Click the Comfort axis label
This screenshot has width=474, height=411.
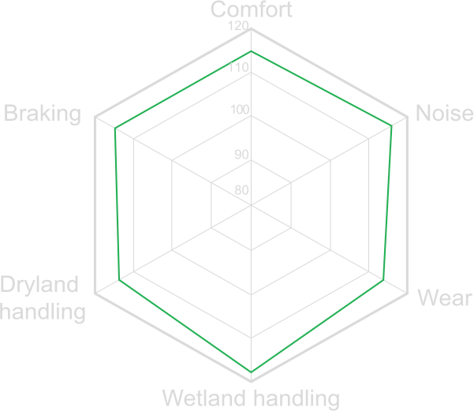252,9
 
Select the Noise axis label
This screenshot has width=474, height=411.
444,113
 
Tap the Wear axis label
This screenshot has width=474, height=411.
445,297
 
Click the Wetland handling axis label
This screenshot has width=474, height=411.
251,398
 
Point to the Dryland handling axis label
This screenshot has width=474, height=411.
43,297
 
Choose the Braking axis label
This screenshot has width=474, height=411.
43,114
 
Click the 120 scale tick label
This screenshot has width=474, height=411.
238,26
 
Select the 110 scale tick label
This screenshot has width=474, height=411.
238,67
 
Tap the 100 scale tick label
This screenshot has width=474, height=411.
240,110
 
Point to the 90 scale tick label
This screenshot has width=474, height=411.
242,155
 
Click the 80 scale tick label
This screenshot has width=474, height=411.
242,190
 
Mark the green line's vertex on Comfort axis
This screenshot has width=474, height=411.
251,51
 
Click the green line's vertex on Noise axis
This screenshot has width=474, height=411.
391,125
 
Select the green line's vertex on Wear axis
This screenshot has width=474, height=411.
383,280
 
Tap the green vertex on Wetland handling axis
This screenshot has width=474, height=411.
251,372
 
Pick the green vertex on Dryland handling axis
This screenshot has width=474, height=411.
119,280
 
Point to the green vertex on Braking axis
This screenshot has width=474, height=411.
115,129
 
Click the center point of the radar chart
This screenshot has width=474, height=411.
251,205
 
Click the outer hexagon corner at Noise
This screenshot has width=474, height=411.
407,117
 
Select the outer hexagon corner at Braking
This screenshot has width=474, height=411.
95,117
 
